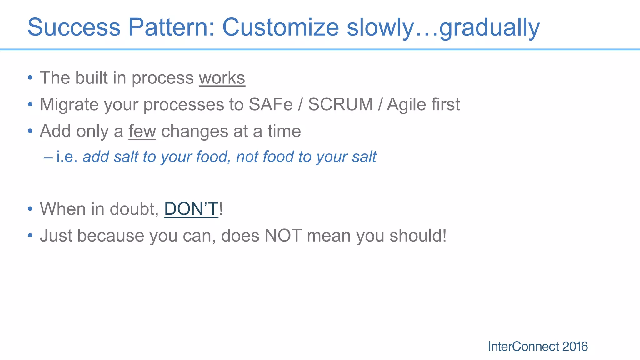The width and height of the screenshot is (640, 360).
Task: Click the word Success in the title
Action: coord(74,27)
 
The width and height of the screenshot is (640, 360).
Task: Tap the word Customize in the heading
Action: coord(280,27)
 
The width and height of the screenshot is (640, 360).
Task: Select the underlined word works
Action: coord(222,78)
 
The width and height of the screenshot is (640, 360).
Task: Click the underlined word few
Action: coord(142,131)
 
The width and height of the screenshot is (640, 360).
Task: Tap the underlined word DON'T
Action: coord(191,209)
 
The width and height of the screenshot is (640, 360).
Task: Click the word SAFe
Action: coord(271,104)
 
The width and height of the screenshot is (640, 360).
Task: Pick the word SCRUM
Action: coord(340,104)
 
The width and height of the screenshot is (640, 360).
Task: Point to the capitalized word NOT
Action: coord(283,236)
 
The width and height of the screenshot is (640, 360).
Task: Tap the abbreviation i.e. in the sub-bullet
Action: coord(67,157)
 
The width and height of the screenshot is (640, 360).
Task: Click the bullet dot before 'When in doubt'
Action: coord(30,209)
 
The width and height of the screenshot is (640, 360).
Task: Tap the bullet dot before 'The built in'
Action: coord(30,77)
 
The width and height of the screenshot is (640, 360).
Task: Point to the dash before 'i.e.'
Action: coord(48,157)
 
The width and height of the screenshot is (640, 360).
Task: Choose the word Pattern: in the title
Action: coord(171,27)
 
